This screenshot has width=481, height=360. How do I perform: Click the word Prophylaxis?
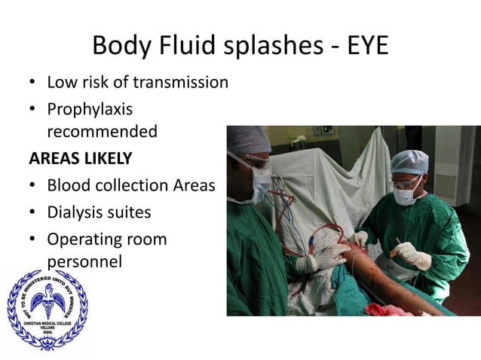pos(90,109)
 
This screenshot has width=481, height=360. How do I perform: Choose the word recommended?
pos(102,132)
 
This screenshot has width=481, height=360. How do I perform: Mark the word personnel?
pos(84,262)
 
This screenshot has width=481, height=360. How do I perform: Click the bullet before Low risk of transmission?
pos(32,82)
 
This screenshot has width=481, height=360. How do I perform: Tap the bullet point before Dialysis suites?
pos(32,213)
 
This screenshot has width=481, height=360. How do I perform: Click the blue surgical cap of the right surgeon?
pos(410,161)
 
